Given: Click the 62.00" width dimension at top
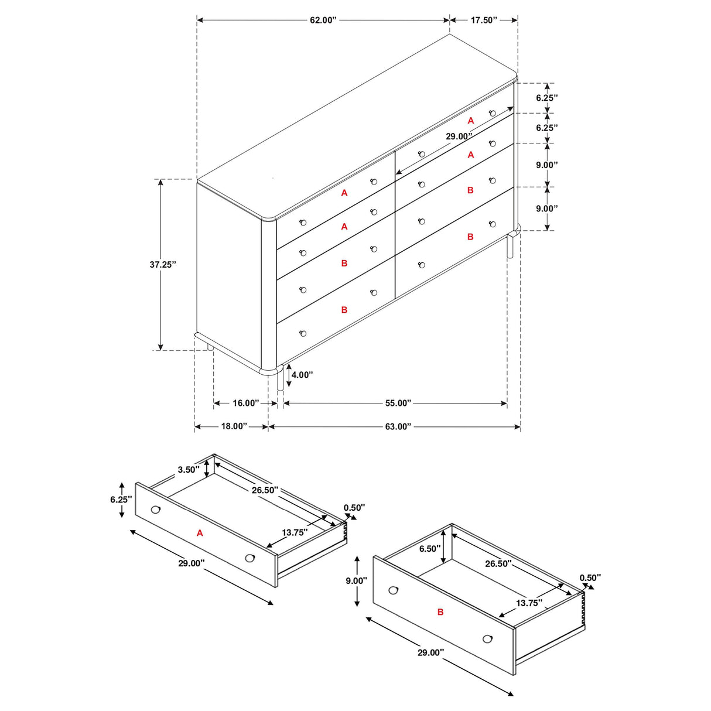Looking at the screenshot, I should point(323,20).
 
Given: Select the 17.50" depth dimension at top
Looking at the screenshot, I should point(484,20).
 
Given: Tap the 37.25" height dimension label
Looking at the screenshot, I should point(162,265).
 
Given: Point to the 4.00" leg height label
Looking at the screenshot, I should point(302,375).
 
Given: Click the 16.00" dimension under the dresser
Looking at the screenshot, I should point(245,403).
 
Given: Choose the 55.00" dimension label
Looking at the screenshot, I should point(398,403).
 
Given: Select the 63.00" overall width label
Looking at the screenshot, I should point(398,426).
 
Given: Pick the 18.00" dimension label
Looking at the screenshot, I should point(234,426).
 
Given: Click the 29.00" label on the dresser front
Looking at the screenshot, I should point(459,136).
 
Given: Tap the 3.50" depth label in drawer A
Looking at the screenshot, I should point(189,470).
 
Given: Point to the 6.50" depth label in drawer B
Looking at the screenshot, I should point(429,549).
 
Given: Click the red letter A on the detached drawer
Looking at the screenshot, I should point(200,533).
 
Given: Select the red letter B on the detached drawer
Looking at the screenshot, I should point(440,612).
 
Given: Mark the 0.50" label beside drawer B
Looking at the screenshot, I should point(590,578).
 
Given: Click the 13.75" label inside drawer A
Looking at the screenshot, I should point(295,532).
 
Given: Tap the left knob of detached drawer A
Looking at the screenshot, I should point(155,510).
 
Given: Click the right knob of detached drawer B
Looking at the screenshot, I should point(487,638).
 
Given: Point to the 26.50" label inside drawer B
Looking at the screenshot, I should point(498,563).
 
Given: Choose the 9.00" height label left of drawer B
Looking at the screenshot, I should point(356,580).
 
